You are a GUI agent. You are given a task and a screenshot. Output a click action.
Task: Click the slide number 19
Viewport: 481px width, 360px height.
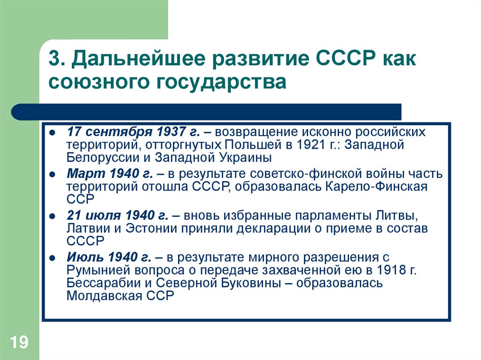[x=18, y=342]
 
